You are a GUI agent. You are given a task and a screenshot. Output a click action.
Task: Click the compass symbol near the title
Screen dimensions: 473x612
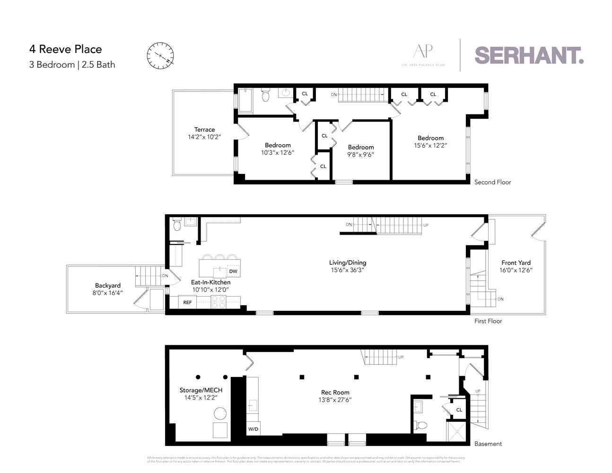tap(160, 55)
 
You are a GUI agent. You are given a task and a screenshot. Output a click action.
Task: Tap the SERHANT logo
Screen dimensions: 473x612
tap(529, 55)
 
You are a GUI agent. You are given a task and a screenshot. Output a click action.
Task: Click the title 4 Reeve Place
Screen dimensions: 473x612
tap(65, 49)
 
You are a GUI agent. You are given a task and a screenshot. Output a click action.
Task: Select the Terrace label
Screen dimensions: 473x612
tap(204, 129)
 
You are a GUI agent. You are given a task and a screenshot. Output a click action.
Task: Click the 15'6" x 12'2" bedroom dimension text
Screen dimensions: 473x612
tap(430, 146)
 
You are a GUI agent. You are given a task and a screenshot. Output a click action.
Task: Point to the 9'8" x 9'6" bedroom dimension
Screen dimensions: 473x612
tap(361, 154)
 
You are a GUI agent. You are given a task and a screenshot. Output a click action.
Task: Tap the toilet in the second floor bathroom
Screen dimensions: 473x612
tap(265, 96)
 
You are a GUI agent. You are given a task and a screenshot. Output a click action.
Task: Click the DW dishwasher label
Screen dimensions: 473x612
tap(233, 271)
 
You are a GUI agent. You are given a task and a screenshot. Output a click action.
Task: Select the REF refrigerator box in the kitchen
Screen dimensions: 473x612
tap(188, 302)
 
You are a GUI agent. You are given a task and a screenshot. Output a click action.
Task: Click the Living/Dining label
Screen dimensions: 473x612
tap(348, 263)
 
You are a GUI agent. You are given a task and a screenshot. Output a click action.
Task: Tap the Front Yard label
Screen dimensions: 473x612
tap(516, 263)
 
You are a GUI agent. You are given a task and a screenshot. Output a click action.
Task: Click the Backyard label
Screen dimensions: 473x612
tap(108, 285)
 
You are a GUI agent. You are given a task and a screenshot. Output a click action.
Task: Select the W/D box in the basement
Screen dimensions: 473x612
tap(253, 429)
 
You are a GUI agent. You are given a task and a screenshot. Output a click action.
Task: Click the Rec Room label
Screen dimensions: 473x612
tap(335, 392)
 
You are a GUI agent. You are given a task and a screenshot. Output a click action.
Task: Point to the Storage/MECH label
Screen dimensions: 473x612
tap(201, 390)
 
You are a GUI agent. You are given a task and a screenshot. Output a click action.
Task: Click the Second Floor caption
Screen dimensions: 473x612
tap(492, 182)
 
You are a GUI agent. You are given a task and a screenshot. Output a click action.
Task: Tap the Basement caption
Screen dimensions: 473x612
tap(488, 443)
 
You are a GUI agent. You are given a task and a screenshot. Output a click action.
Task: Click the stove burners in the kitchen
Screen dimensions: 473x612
tap(219, 302)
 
